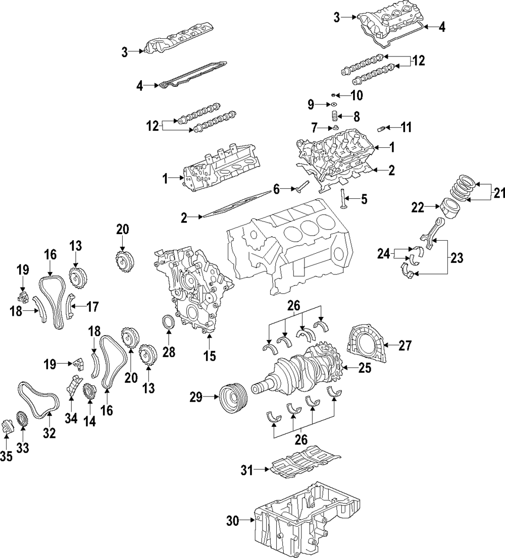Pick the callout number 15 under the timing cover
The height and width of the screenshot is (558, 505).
(x=209, y=356)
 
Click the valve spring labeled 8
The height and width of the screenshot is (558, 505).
(x=334, y=118)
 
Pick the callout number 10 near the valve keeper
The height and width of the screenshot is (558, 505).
(x=357, y=94)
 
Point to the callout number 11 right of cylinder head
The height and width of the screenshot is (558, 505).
(x=406, y=128)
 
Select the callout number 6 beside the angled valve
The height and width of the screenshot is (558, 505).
(x=276, y=189)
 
